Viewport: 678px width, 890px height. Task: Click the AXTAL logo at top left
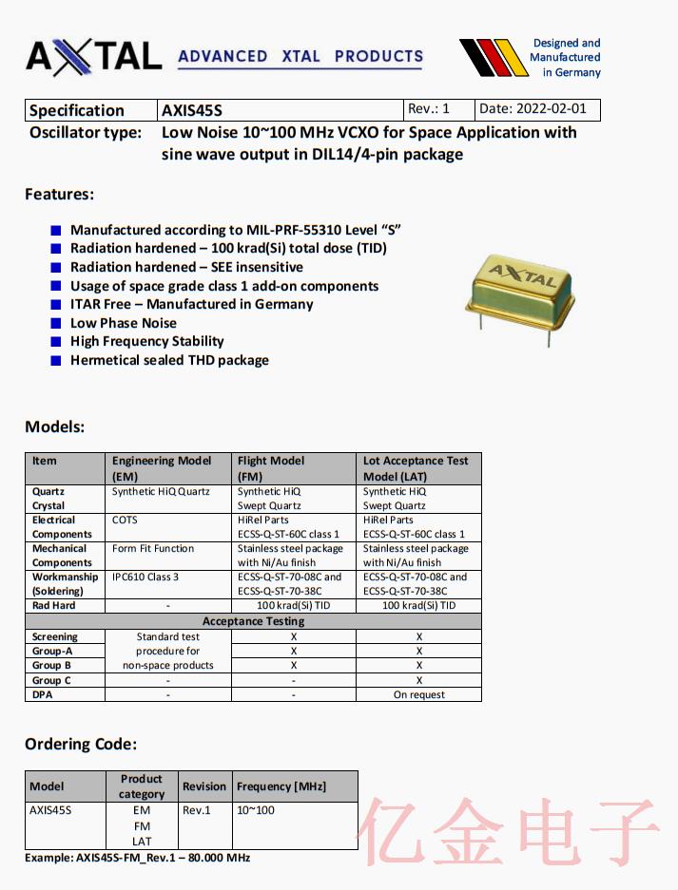click(x=93, y=56)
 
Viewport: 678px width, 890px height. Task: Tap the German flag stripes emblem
click(x=493, y=57)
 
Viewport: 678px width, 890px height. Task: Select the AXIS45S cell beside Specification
click(x=192, y=110)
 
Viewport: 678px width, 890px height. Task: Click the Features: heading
click(x=59, y=194)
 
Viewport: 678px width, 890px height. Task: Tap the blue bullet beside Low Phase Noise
click(x=56, y=323)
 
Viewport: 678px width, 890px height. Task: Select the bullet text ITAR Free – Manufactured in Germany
click(x=191, y=304)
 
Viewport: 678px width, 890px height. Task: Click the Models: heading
click(x=54, y=426)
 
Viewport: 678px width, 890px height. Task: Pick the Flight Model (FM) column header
click(x=271, y=468)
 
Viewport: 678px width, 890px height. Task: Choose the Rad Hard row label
click(x=53, y=605)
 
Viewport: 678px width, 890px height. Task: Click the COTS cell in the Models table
click(x=125, y=520)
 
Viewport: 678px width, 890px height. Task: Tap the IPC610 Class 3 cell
click(x=145, y=577)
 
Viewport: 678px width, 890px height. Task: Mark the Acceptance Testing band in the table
click(x=253, y=621)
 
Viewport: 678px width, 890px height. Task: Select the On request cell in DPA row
click(x=418, y=694)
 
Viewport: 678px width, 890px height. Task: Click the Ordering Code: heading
click(x=81, y=744)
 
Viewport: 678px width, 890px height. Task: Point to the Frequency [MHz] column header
click(x=281, y=786)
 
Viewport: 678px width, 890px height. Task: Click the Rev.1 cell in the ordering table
click(x=197, y=810)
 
